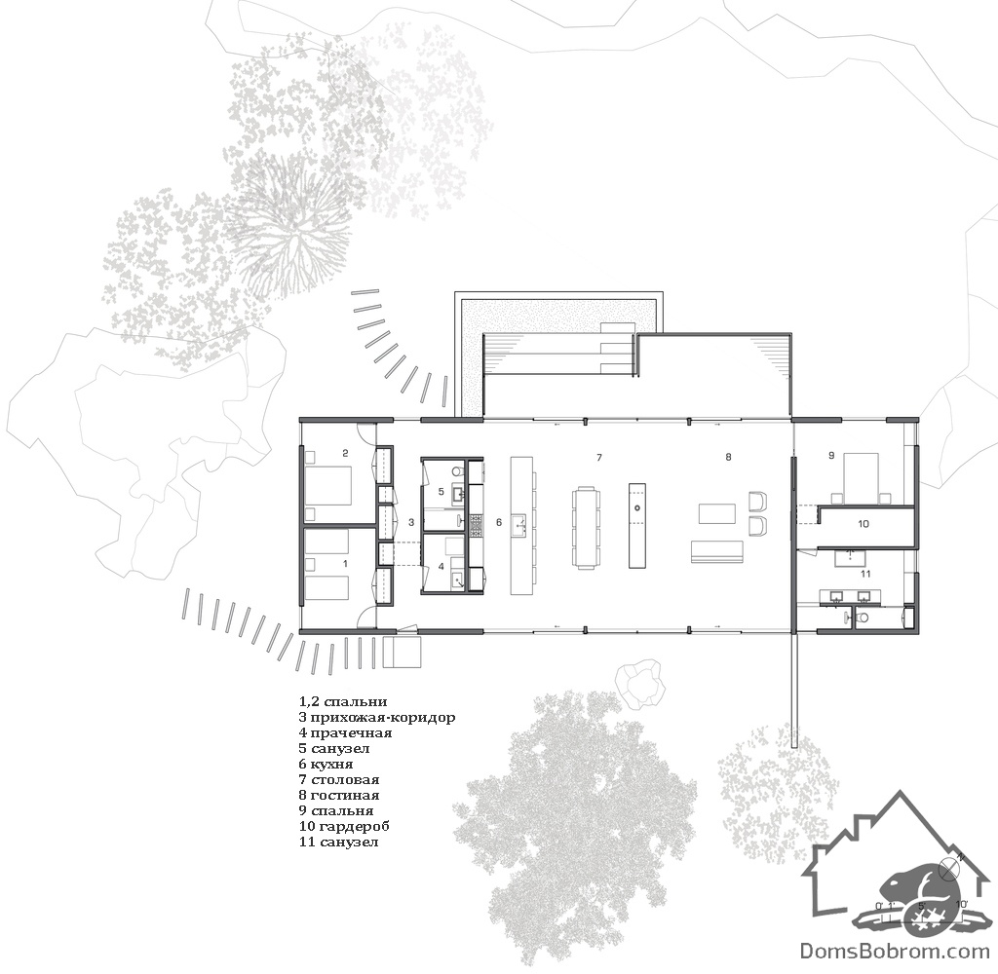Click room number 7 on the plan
[598, 458]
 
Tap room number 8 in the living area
[728, 457]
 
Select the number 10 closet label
[864, 524]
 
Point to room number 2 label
[345, 453]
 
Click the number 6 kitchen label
[499, 522]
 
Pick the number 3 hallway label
[411, 522]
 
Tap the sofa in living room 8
[716, 552]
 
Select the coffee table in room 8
[717, 513]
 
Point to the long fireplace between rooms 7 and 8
[637, 525]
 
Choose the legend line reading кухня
[326, 764]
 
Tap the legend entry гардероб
[344, 826]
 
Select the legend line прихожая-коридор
[377, 718]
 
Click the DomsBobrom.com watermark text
[895, 952]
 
